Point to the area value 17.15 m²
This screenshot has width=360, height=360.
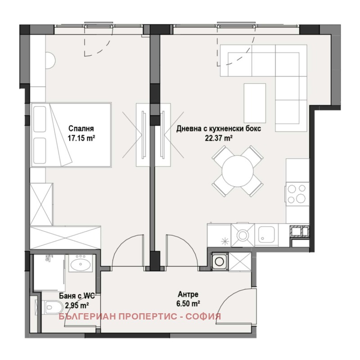[81, 138]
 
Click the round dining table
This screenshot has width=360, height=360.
[237, 171]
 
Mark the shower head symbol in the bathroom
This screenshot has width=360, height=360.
[48, 258]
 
